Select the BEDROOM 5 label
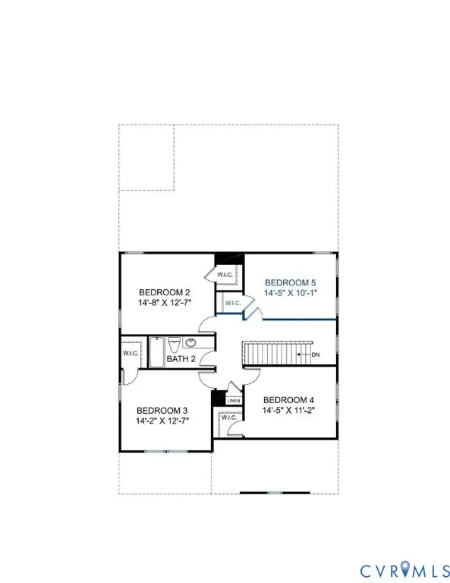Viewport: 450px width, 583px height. coord(289,280)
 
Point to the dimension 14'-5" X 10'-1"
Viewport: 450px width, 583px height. coord(289,291)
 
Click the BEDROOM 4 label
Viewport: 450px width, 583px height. coord(288,400)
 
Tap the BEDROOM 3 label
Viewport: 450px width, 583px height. coord(162,408)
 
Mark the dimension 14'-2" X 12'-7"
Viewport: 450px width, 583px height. coord(162,420)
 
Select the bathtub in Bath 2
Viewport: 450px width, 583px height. coord(156,351)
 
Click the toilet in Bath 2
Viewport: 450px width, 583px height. coord(173,342)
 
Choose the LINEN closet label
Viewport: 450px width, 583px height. coord(234,401)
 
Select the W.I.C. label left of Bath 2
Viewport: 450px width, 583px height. coord(130,353)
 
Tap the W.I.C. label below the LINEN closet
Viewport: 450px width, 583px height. coord(227,418)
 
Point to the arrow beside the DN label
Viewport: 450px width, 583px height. coord(306,354)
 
